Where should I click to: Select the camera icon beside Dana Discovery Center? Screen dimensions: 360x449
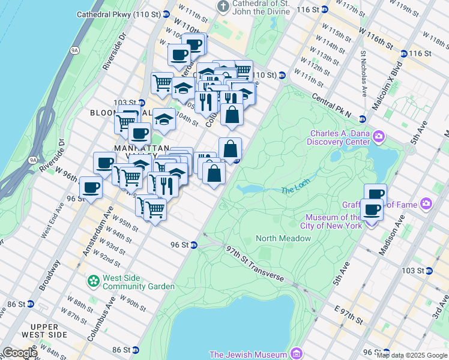pyautogui.click(x=378, y=137)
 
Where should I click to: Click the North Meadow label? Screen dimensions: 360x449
pyautogui.click(x=283, y=238)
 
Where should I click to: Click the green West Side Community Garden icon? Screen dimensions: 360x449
pyautogui.click(x=93, y=281)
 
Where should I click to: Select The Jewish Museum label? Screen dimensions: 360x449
pyautogui.click(x=247, y=355)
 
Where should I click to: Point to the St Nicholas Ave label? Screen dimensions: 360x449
pyautogui.click(x=364, y=73)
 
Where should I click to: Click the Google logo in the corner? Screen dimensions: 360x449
pyautogui.click(x=19, y=353)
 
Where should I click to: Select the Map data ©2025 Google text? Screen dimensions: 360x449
pyautogui.click(x=412, y=356)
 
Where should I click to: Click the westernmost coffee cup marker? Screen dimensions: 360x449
pyautogui.click(x=91, y=188)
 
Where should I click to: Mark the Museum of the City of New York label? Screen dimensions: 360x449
pyautogui.click(x=334, y=221)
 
